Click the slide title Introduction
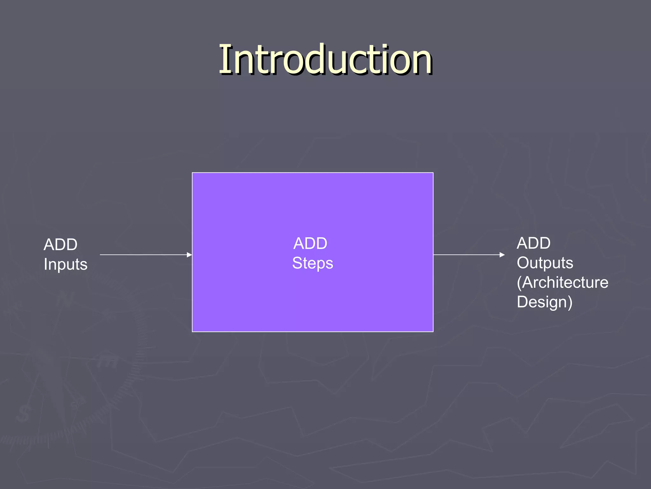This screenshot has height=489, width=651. tap(325, 60)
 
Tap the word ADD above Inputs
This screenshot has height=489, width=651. tap(60, 244)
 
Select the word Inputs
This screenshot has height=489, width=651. tap(65, 264)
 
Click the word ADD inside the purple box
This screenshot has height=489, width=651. tap(310, 244)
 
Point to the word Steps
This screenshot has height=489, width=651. tap(312, 263)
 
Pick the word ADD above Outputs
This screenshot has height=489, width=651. tap(533, 243)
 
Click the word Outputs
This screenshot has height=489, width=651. tap(545, 263)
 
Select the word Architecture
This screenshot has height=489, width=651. tap(565, 282)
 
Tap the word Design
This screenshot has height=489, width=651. tap(542, 302)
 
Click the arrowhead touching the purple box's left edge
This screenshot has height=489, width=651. tap(189, 255)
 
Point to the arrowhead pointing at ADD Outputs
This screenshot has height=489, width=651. tap(502, 255)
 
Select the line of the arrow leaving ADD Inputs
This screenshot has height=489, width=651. tap(143, 255)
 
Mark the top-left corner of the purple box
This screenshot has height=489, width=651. tap(193, 173)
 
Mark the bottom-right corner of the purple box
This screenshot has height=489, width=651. tap(433, 331)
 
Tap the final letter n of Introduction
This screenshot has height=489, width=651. tap(421, 64)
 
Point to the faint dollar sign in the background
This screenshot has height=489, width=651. tap(23, 414)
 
